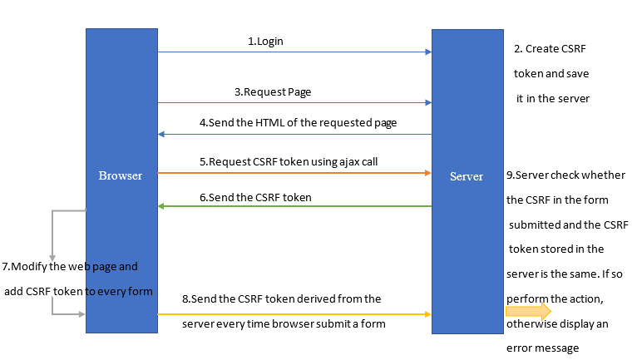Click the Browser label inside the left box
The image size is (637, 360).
point(121,175)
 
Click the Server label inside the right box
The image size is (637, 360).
point(466,176)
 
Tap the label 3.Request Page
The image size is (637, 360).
point(273,91)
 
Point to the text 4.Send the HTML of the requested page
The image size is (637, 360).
point(298,122)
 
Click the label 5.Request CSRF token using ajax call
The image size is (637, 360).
point(289,161)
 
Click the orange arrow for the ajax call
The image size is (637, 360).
point(294,173)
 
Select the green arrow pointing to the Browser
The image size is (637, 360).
point(294,207)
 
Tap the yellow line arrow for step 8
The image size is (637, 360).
point(294,314)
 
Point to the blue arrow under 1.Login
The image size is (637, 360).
point(294,52)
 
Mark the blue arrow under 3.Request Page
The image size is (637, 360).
point(294,103)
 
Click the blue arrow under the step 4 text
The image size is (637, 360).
point(294,134)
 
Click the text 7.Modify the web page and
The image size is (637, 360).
point(70,267)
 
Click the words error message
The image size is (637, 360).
point(542,348)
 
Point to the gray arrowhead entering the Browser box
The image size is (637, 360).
point(81,314)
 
